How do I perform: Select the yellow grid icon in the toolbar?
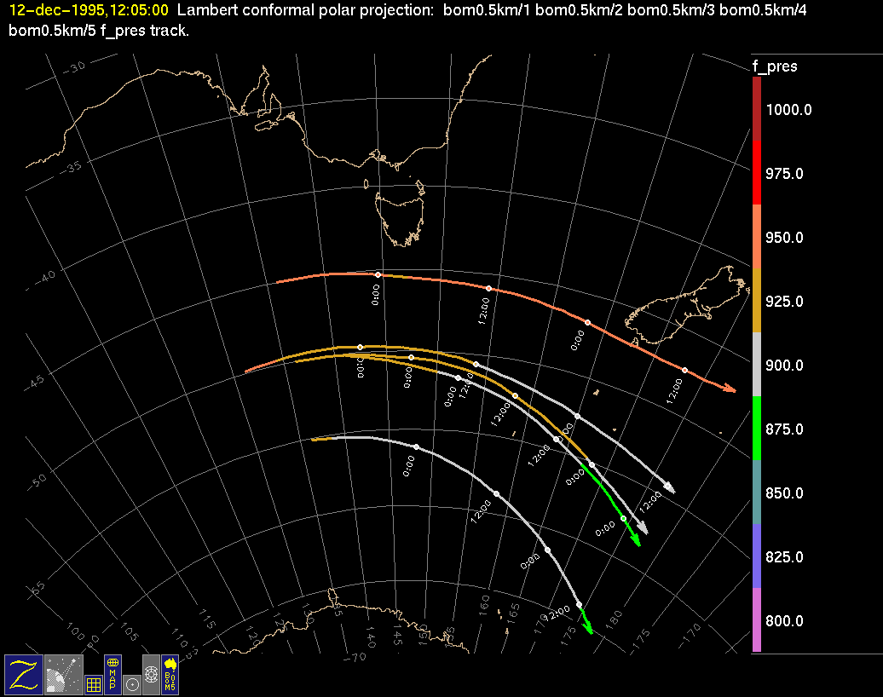tap(94, 684)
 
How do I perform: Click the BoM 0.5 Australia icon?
tap(170, 673)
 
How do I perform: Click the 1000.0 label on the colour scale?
tap(788, 110)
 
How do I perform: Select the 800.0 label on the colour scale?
tap(784, 621)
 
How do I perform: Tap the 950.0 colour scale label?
tap(784, 238)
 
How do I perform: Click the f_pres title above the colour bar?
tap(775, 66)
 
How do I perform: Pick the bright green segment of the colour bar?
tap(757, 428)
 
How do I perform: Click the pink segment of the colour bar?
tap(757, 619)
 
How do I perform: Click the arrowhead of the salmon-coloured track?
tap(730, 389)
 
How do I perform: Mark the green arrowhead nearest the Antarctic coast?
tap(587, 629)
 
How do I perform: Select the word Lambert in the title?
tap(202, 11)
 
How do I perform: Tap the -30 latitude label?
tap(76, 66)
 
